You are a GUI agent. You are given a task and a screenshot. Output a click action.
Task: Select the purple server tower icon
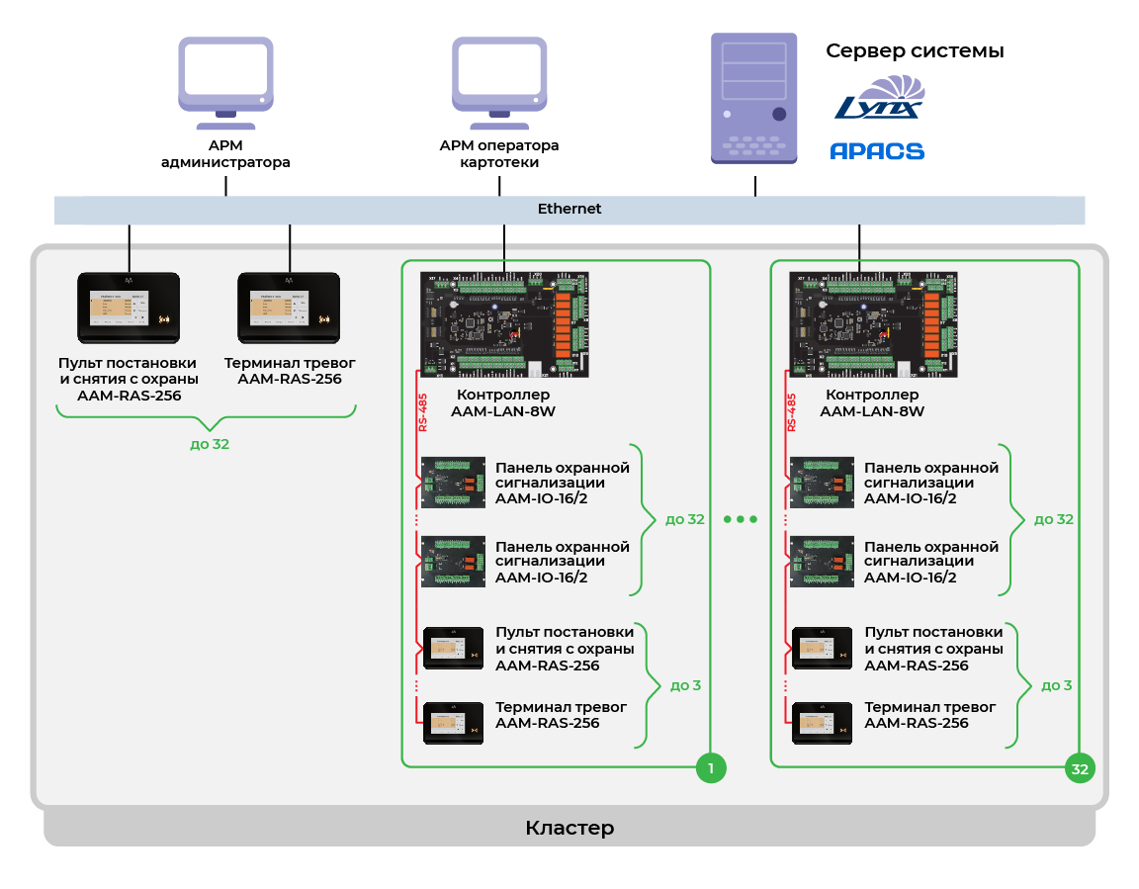point(753,98)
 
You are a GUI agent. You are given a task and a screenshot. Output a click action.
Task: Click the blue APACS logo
point(876,151)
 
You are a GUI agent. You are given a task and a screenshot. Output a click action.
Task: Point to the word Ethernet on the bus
point(569,210)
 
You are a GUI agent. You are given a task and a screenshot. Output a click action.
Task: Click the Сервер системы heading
point(915,51)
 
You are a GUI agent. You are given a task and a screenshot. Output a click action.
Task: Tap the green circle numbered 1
point(711,768)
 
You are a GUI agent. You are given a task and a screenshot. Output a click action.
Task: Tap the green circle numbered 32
point(1080,768)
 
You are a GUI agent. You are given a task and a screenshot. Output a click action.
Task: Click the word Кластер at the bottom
point(569,828)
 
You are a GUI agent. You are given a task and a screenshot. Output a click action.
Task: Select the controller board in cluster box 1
point(504,324)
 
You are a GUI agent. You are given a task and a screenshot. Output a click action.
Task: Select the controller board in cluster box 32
point(873,324)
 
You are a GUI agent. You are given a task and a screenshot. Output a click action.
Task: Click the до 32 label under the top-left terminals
point(210,444)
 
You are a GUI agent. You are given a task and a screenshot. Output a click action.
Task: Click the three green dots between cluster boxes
point(740,519)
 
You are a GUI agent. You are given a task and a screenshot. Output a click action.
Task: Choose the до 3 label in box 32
point(1055,684)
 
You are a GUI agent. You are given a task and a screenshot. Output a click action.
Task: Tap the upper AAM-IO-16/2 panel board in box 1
point(453,482)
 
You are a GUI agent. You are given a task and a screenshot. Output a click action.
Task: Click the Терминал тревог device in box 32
point(822,723)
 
